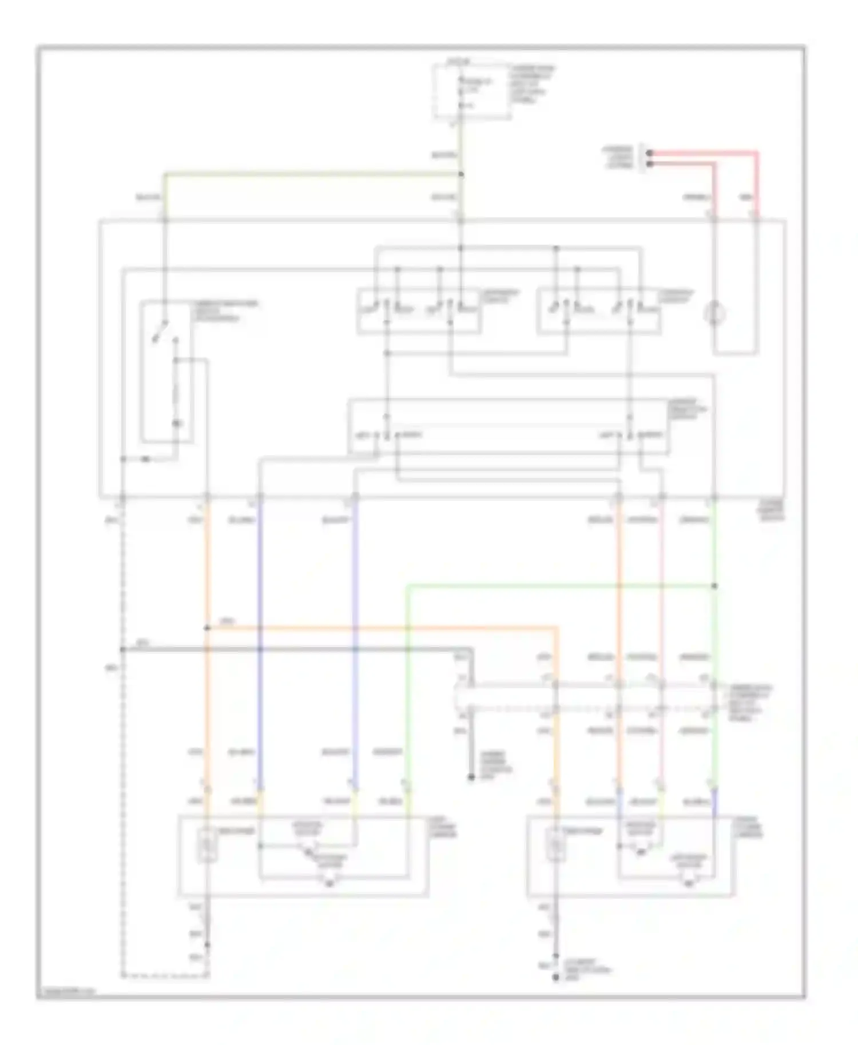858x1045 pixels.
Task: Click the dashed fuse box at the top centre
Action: click(471, 91)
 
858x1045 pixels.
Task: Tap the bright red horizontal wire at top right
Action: click(704, 153)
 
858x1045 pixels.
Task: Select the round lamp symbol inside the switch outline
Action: click(714, 314)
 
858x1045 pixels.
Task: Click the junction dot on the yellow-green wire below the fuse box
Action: click(461, 174)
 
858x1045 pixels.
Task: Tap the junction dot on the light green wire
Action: click(714, 586)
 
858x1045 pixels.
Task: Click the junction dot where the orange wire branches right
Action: click(207, 628)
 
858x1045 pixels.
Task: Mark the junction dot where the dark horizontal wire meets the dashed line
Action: click(122, 649)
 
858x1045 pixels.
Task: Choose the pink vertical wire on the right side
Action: click(661, 600)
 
